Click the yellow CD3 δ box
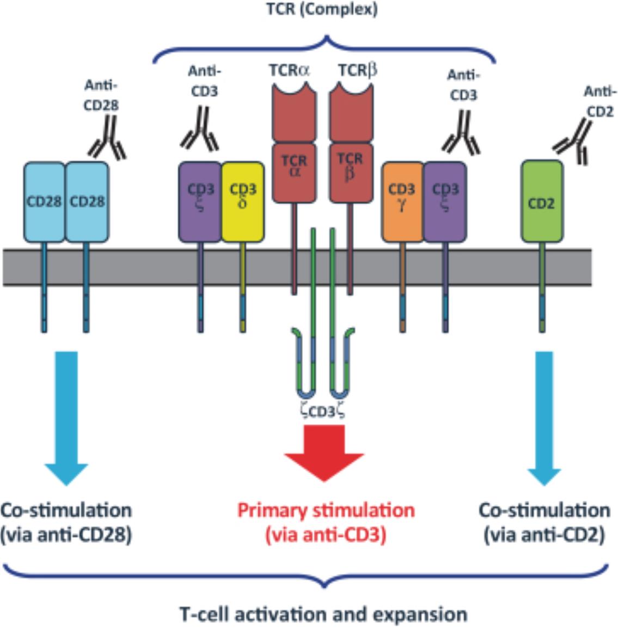[243, 201]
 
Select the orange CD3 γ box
[402, 201]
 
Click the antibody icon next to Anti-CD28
[108, 141]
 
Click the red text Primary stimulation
[326, 510]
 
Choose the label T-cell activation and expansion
[323, 614]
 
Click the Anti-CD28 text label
[101, 95]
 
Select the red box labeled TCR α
[295, 172]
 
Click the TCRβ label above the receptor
[357, 71]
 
